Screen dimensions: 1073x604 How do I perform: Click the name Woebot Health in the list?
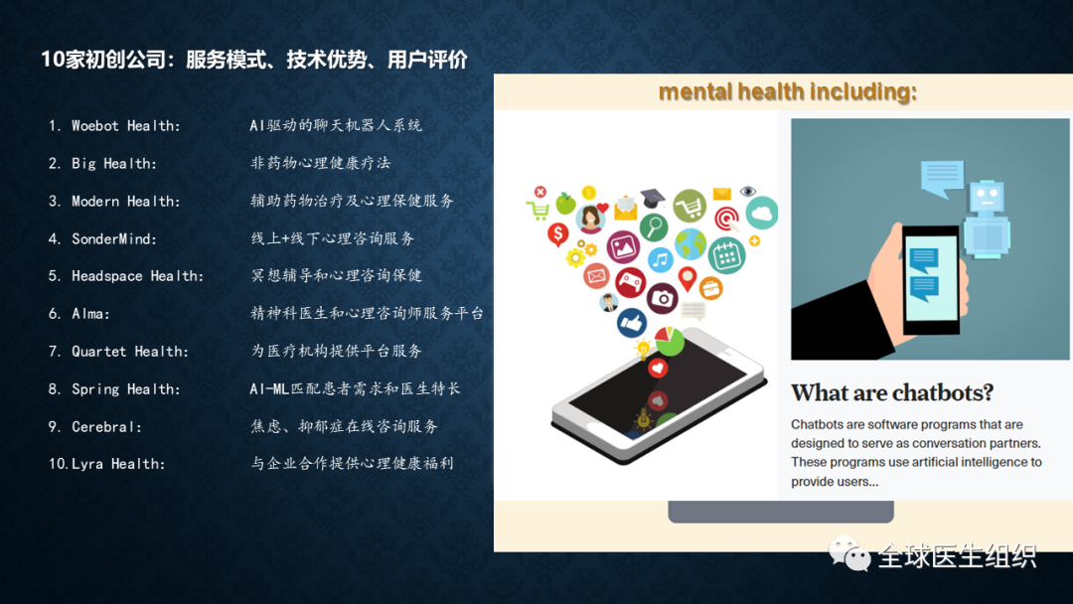tap(126, 126)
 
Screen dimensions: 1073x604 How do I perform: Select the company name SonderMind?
tap(113, 238)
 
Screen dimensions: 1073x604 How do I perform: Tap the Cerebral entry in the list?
tap(106, 427)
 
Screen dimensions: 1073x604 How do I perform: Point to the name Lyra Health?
tap(117, 465)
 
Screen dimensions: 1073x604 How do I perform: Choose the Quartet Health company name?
tap(129, 352)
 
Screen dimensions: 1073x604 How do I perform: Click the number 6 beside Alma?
tap(55, 314)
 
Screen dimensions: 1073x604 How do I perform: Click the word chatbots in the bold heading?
tap(944, 392)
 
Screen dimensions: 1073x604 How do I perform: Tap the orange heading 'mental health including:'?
tap(787, 91)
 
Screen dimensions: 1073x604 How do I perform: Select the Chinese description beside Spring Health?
tap(355, 389)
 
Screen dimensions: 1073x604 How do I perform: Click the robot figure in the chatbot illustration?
tap(987, 219)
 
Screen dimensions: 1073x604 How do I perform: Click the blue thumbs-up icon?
tap(631, 323)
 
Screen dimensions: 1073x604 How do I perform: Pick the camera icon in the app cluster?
tap(662, 298)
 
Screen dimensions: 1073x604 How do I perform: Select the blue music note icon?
tap(660, 260)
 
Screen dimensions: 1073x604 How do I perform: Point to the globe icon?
tap(690, 244)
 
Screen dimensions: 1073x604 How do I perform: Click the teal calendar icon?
tap(726, 255)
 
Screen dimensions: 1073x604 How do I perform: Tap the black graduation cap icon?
tap(652, 198)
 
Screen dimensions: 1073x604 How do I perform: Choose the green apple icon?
tap(566, 203)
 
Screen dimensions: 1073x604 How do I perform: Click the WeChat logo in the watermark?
tap(849, 553)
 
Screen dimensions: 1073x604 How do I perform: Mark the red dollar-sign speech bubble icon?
tap(557, 234)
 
